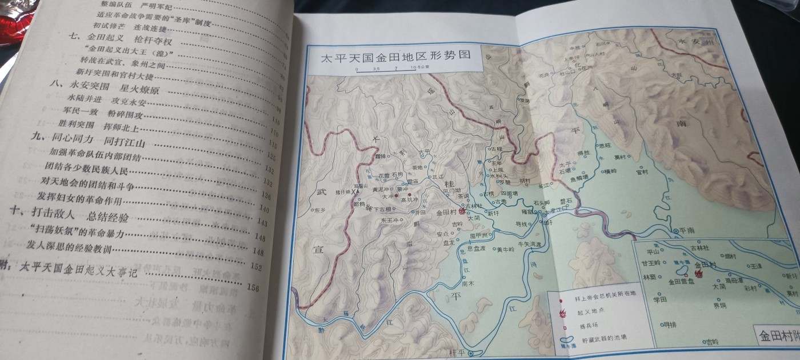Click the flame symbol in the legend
pos(563,313)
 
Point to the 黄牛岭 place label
pos(505,249)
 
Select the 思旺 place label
pos(604,146)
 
